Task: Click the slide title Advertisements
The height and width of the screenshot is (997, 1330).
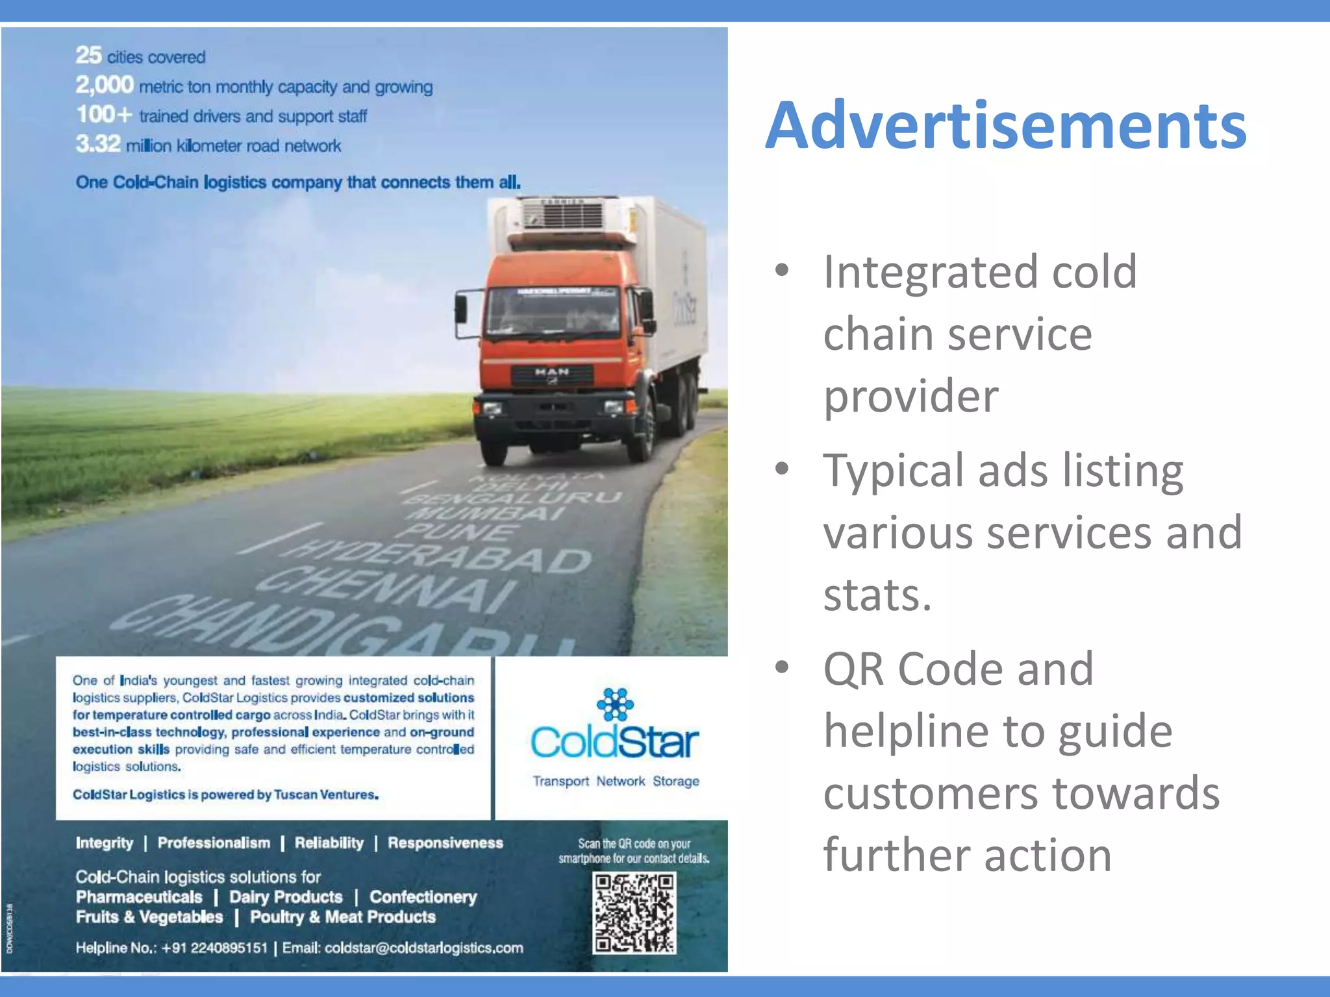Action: click(x=1005, y=125)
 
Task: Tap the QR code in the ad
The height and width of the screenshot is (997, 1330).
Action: click(x=634, y=913)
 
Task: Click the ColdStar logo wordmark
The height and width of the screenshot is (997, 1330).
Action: click(x=614, y=742)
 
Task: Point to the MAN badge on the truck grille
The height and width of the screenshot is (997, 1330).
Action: click(x=552, y=373)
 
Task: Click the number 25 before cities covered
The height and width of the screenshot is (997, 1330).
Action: click(x=88, y=56)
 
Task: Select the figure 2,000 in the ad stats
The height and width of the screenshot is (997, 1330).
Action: click(x=105, y=85)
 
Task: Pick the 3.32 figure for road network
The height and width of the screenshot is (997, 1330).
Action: click(x=98, y=144)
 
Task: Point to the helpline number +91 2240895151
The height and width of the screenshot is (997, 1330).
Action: click(x=214, y=948)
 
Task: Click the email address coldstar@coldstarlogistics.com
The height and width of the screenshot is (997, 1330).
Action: click(x=423, y=948)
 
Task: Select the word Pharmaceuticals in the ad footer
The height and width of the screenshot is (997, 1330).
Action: click(x=139, y=897)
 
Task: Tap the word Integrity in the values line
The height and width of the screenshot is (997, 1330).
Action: click(x=104, y=843)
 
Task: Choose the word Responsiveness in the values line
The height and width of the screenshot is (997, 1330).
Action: click(x=445, y=843)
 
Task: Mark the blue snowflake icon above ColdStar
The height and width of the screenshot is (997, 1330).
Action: click(x=614, y=704)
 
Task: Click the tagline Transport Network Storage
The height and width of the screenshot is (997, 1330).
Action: click(x=616, y=781)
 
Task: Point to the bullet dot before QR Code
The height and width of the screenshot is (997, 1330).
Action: click(x=782, y=667)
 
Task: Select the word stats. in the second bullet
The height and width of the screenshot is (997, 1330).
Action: click(x=877, y=594)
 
